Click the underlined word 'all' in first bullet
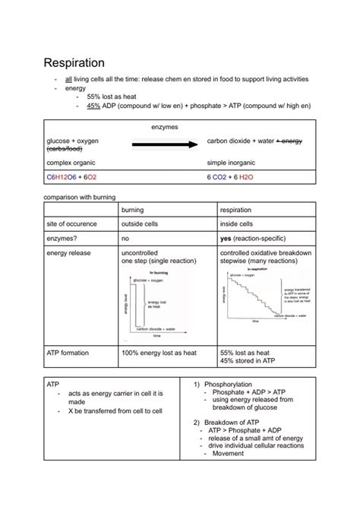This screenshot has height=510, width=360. click(68, 79)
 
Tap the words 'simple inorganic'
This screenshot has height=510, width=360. click(232, 163)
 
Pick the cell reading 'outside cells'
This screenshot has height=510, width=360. click(142, 224)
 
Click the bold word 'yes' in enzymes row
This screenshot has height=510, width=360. click(226, 238)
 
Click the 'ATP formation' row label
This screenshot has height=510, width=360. click(69, 353)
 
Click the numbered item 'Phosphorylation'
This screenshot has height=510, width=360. click(230, 385)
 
